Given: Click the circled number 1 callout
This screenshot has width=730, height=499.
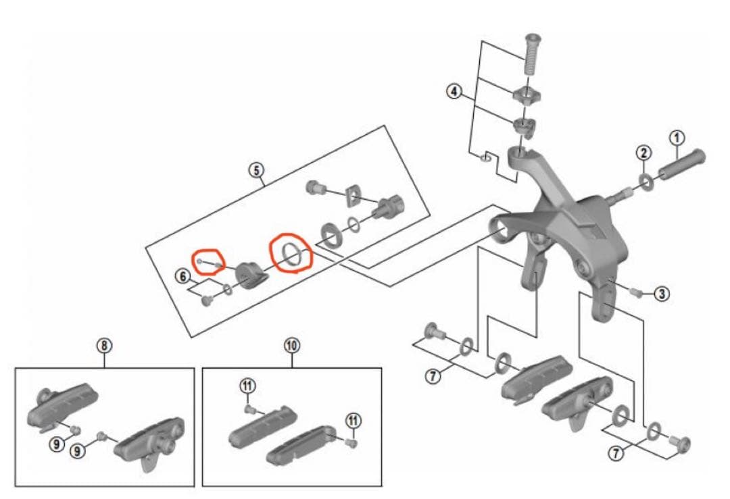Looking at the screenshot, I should (677, 138).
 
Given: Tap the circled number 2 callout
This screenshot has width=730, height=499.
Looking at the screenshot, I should (643, 153).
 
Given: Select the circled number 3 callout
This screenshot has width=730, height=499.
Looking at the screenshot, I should (662, 294).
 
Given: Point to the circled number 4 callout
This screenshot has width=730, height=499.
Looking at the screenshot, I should (454, 91).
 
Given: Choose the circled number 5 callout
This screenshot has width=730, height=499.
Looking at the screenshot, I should (256, 169).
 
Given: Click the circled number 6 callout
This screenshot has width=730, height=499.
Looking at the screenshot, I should (182, 276).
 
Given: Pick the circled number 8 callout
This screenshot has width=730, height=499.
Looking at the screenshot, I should (103, 346).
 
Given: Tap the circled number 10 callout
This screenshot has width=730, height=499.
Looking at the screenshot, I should (292, 346).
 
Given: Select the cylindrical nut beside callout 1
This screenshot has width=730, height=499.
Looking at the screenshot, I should (681, 164).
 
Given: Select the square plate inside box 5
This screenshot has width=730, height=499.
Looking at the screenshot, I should (353, 196).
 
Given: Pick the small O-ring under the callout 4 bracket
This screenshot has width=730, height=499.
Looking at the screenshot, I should (485, 158).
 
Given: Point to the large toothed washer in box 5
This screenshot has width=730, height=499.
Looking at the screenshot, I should (330, 233).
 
